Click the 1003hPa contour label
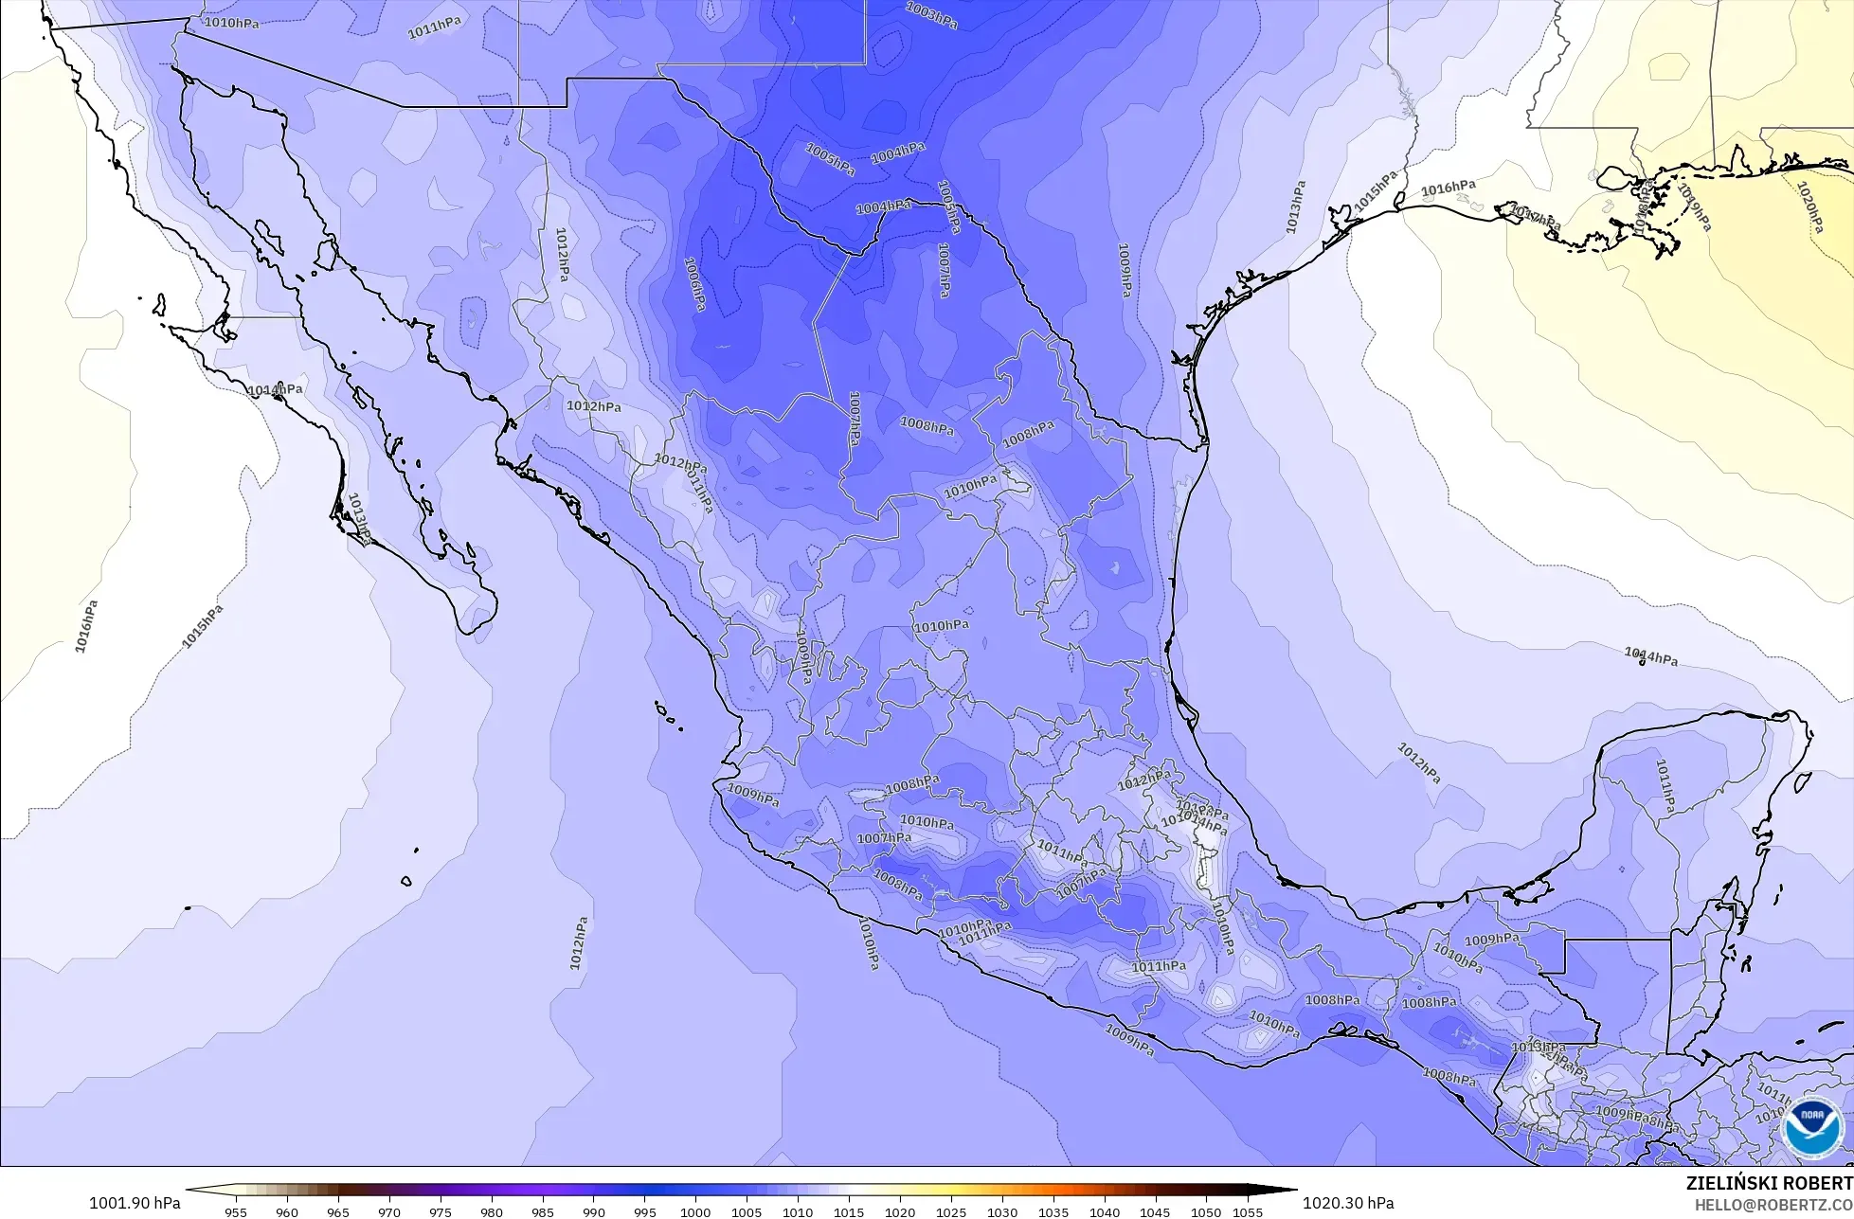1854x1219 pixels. [x=930, y=15]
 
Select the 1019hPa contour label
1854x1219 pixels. [x=1694, y=207]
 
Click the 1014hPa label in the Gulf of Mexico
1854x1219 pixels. [x=1650, y=656]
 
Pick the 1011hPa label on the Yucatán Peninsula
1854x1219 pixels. [x=1665, y=786]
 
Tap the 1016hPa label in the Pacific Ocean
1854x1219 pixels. [x=85, y=626]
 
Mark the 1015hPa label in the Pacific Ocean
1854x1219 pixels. [x=203, y=626]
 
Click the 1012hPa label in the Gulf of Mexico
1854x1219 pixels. [x=1418, y=762]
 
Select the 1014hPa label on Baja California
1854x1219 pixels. [x=275, y=389]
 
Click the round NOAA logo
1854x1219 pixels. [x=1811, y=1127]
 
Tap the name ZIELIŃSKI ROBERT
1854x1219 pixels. [x=1769, y=1184]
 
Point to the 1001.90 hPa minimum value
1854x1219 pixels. [x=135, y=1203]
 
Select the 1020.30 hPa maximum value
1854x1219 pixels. [x=1348, y=1203]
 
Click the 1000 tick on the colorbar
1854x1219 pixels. [x=695, y=1211]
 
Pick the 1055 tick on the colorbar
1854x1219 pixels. [x=1248, y=1211]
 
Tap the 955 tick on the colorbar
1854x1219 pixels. [x=235, y=1211]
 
